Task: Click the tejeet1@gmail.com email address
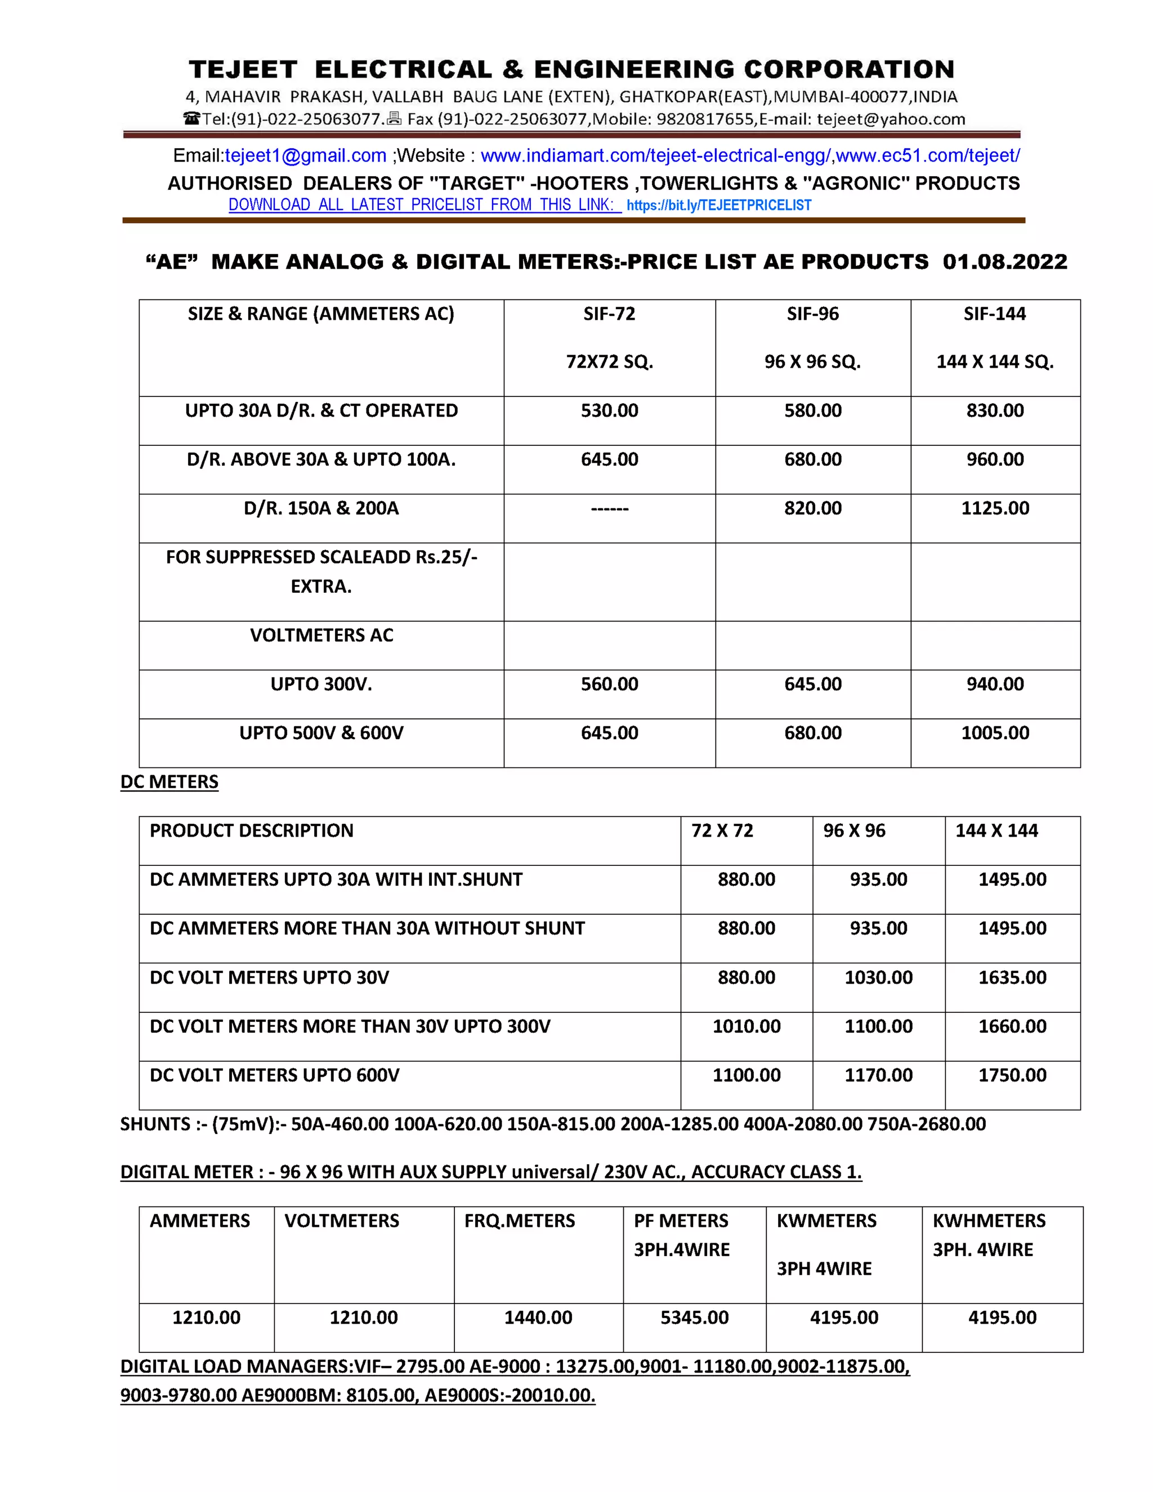(x=305, y=156)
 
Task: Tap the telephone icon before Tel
(x=191, y=119)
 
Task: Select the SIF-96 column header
(x=812, y=314)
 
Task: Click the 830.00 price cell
(x=995, y=410)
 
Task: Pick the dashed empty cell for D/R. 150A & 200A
(x=609, y=508)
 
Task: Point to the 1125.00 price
(x=995, y=508)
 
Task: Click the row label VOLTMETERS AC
(x=321, y=635)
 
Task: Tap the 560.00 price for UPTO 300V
(x=609, y=684)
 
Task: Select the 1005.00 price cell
(x=995, y=733)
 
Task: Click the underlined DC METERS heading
(x=169, y=781)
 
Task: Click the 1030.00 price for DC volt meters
(x=878, y=977)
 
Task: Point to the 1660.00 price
(x=1012, y=1026)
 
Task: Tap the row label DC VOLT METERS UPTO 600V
(x=275, y=1075)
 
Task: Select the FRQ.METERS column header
(x=519, y=1221)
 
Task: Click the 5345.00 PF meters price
(x=694, y=1318)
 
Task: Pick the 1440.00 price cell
(x=538, y=1318)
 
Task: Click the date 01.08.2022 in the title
(x=1004, y=262)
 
